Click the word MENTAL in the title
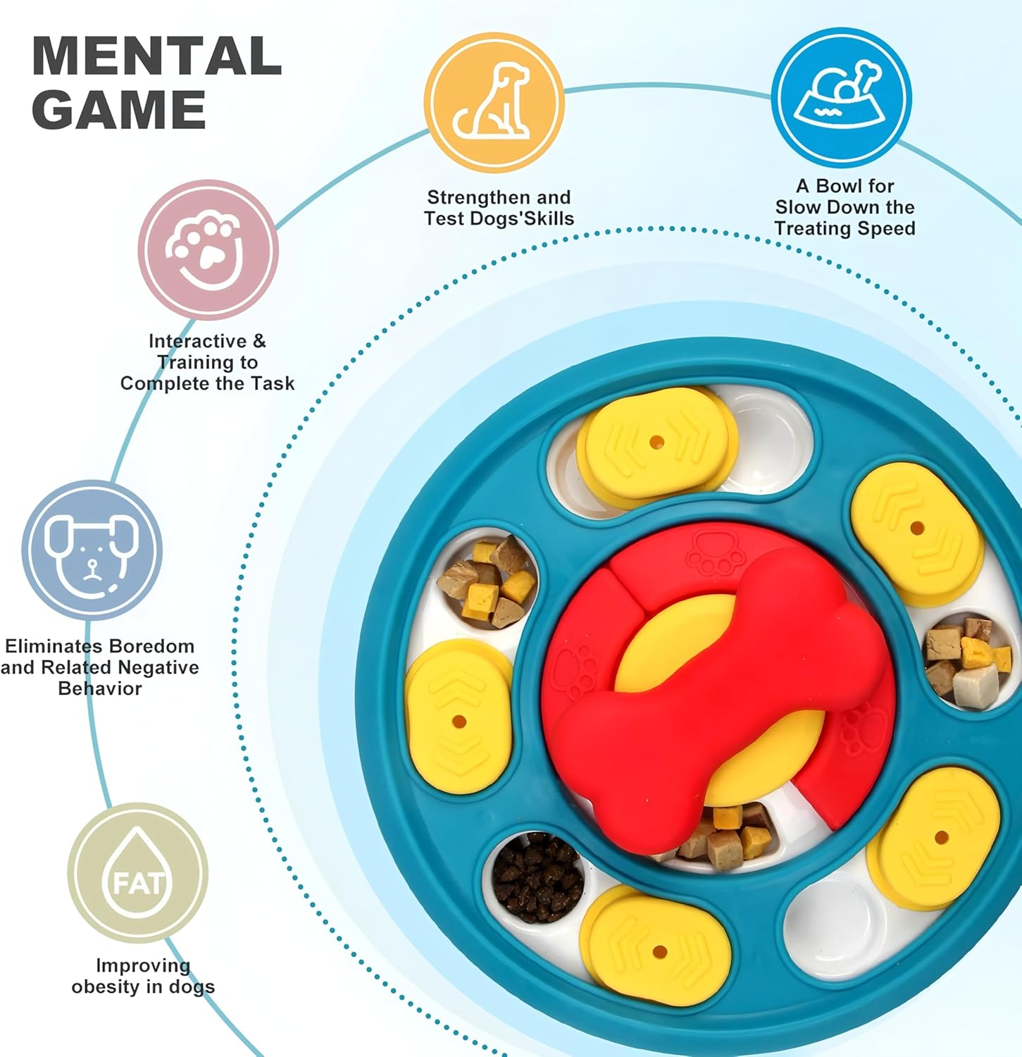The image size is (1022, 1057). click(156, 56)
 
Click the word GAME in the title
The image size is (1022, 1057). click(118, 110)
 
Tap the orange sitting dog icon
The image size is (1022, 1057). click(494, 102)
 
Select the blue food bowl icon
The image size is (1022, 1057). click(841, 97)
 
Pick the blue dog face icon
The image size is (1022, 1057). click(92, 550)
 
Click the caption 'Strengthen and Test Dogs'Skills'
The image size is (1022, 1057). click(499, 208)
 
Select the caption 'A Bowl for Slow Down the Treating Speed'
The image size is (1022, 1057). click(845, 207)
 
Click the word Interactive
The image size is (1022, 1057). click(197, 341)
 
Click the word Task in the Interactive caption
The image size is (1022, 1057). click(272, 383)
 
